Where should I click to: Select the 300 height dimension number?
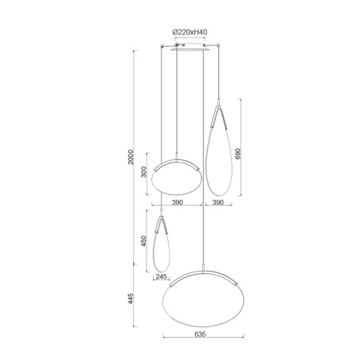click(144, 174)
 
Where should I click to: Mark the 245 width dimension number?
click(163, 278)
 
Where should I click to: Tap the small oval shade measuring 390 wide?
click(177, 177)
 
